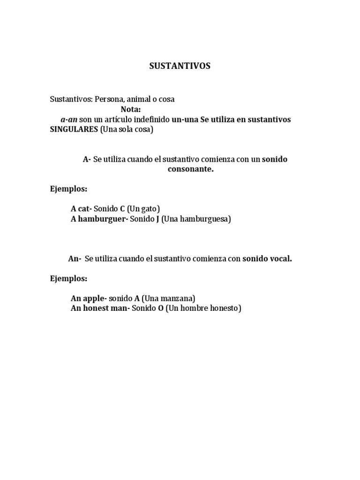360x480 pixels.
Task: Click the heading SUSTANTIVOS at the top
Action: pyautogui.click(x=180, y=66)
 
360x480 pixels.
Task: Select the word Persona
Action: pyautogui.click(x=110, y=99)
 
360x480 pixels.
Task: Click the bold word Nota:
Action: pyautogui.click(x=131, y=109)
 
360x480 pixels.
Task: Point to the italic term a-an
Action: pyautogui.click(x=69, y=120)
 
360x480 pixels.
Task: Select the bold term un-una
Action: pyautogui.click(x=185, y=120)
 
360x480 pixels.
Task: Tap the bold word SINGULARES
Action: pyautogui.click(x=74, y=130)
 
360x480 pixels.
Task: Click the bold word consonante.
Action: pyautogui.click(x=190, y=169)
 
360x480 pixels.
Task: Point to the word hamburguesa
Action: pyautogui.click(x=206, y=219)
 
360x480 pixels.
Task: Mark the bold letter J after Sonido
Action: pyautogui.click(x=157, y=219)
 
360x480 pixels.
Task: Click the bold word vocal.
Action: pyautogui.click(x=281, y=258)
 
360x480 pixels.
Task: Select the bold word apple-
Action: pyautogui.click(x=96, y=298)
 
